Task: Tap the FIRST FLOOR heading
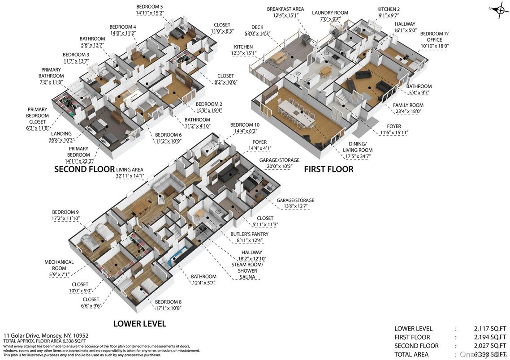(x=328, y=169)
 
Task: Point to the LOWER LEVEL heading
(x=139, y=324)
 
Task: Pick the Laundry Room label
(x=330, y=13)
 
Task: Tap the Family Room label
(x=408, y=105)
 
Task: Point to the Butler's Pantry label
(x=249, y=234)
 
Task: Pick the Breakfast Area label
(x=285, y=9)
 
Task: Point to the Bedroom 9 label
(x=65, y=212)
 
